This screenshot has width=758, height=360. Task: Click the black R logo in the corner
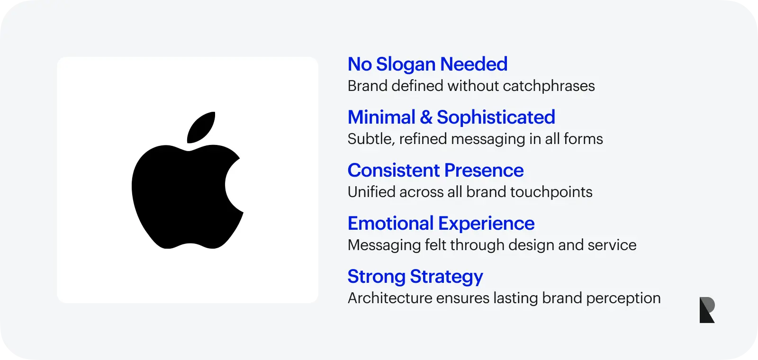click(707, 310)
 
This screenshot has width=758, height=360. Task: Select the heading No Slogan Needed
click(427, 64)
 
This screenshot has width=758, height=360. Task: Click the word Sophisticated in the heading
click(496, 117)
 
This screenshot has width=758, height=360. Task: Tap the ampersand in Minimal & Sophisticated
click(426, 117)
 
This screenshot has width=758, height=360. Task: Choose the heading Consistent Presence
click(435, 171)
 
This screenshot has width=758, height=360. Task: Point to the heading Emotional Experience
click(441, 224)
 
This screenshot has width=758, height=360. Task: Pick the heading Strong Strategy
click(415, 277)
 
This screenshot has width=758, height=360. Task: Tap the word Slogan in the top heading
click(406, 64)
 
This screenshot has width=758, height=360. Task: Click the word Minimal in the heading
click(381, 117)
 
